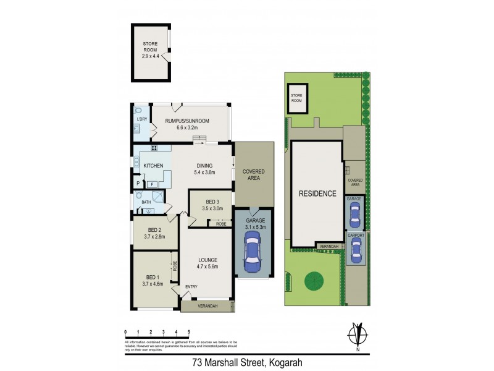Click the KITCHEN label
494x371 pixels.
(x=153, y=166)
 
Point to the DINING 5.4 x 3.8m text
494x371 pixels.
(x=204, y=169)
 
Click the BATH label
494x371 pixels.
(x=146, y=202)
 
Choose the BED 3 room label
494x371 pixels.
(x=212, y=205)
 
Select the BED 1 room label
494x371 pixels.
(x=152, y=279)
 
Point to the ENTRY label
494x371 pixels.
(x=191, y=287)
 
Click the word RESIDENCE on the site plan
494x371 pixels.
(x=317, y=193)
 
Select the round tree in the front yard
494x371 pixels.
(x=314, y=281)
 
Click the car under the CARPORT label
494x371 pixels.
(x=355, y=250)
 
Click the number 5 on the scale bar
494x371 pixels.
(x=188, y=332)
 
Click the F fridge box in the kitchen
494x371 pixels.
(x=151, y=184)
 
